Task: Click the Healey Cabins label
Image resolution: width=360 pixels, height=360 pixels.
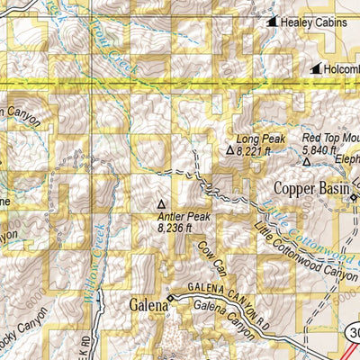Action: pos(313,22)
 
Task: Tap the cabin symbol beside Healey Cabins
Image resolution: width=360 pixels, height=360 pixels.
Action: pos(272,22)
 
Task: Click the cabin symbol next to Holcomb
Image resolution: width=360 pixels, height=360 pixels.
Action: pos(315,68)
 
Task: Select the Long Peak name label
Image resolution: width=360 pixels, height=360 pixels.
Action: pos(260,139)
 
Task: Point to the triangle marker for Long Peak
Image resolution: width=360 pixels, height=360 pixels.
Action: pos(229,152)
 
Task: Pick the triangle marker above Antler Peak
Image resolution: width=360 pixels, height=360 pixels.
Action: pos(162,203)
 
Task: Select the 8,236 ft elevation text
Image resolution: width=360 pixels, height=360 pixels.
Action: pos(177,229)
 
